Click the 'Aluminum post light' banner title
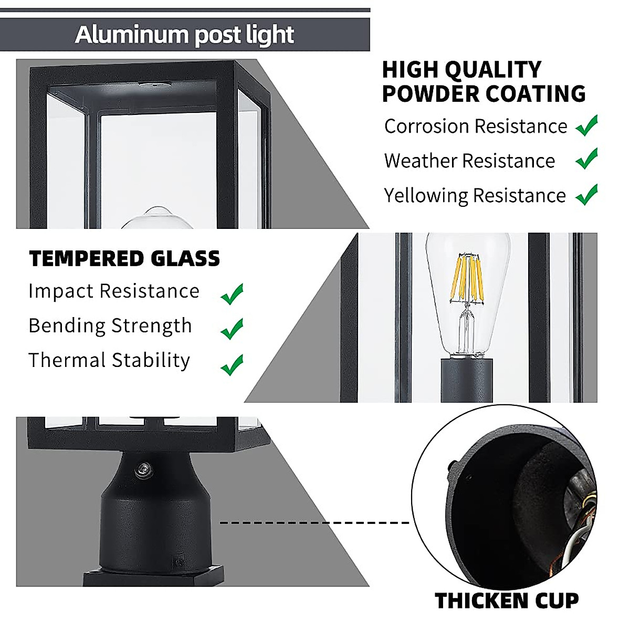pos(184,35)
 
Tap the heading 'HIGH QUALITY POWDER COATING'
pos(483,82)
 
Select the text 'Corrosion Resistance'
pos(475,127)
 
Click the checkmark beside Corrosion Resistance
pos(586,126)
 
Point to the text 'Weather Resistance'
pos(469,161)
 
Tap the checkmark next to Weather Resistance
pos(586,159)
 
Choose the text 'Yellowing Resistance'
pos(475,195)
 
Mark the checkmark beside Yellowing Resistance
pos(586,194)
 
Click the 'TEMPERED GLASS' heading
pos(124,259)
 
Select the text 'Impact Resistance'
pos(114,291)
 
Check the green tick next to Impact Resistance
pos(232,294)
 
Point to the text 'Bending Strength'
pos(110,326)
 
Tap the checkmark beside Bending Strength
pos(232,329)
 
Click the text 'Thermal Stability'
pos(109,360)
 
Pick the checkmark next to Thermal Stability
pos(232,364)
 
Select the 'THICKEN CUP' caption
pos(507,601)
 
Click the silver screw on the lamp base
pos(142,470)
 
